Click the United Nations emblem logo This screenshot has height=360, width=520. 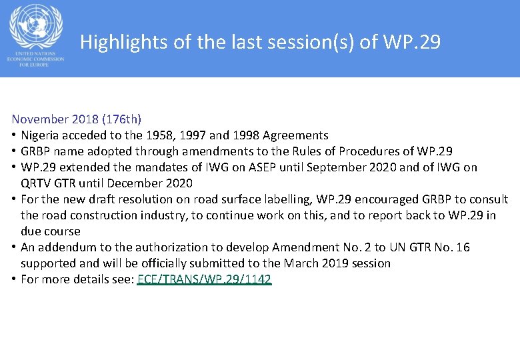35,26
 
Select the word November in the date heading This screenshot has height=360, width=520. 39,119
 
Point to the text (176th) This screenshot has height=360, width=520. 120,119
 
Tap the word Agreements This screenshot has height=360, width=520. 295,135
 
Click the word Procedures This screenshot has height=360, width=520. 377,151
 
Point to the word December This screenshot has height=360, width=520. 137,183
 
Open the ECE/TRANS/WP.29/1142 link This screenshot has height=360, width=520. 204,279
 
